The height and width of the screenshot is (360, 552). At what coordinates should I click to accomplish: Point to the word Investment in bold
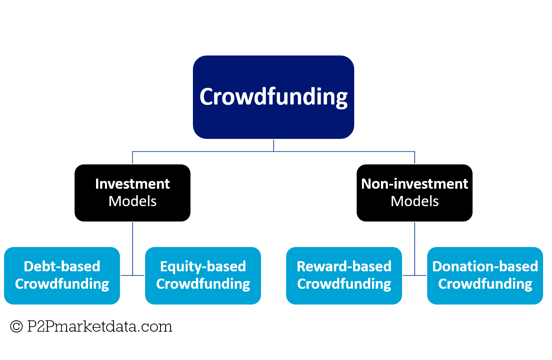pos(133,184)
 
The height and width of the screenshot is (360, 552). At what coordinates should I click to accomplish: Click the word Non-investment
pos(415,184)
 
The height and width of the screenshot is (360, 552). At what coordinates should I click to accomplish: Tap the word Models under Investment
pos(133,201)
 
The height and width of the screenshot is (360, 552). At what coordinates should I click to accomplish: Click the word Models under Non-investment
pos(415,201)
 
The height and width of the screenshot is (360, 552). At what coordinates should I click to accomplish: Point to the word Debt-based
pos(62,266)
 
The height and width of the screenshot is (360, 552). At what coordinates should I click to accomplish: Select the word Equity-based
pos(203,266)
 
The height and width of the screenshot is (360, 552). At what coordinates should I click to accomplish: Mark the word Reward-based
pos(344,266)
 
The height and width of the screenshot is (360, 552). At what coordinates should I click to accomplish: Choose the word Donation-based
pos(485,266)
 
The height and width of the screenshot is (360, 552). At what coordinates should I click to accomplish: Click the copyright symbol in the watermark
pos(16,326)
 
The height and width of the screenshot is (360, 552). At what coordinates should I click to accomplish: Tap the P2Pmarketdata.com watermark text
pos(99,326)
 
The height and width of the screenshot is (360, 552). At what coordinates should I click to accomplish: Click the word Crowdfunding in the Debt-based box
pos(62,284)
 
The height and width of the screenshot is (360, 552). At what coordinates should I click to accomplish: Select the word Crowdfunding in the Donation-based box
pos(485,284)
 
